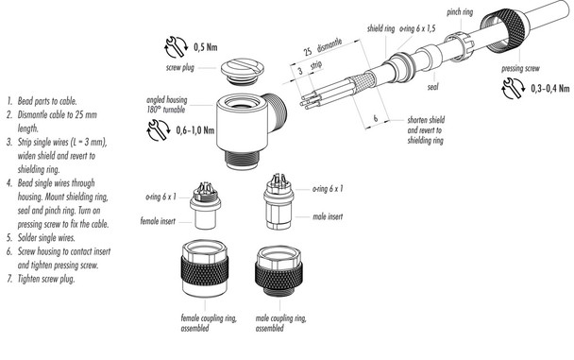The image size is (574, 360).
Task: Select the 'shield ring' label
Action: point(380,28)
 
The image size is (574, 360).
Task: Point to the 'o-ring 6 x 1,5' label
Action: point(419,28)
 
